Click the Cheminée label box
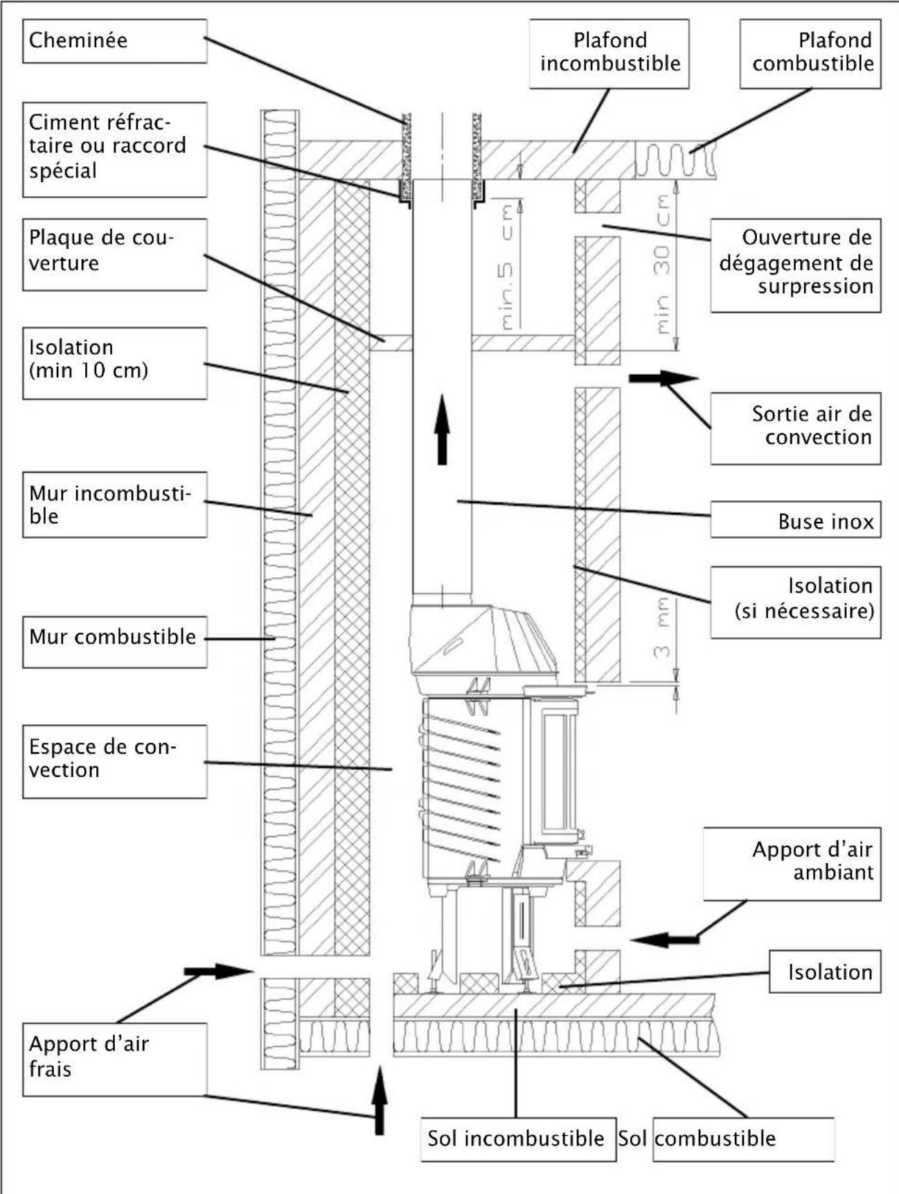click(x=114, y=41)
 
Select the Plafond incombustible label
click(x=609, y=53)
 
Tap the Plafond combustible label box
click(x=810, y=53)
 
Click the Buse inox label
click(x=796, y=520)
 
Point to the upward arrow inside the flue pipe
click(x=442, y=430)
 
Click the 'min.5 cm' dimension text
click(x=508, y=267)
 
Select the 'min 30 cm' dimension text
click(x=663, y=263)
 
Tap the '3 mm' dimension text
click(x=663, y=627)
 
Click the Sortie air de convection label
click(x=796, y=426)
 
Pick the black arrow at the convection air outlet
click(x=663, y=378)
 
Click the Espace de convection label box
click(x=114, y=760)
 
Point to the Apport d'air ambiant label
click(x=793, y=861)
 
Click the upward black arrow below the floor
click(x=379, y=1102)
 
